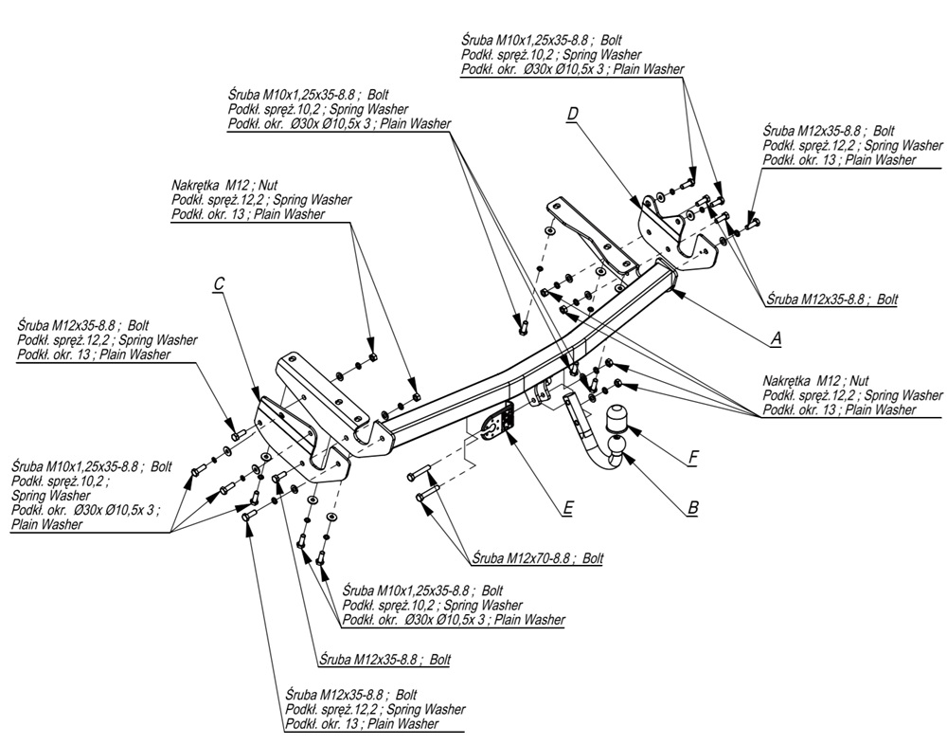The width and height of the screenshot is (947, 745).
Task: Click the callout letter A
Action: click(x=776, y=336)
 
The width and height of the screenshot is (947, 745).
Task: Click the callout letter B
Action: click(x=692, y=508)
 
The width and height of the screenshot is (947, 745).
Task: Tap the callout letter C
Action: click(x=219, y=282)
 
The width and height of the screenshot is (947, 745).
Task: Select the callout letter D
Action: click(x=572, y=114)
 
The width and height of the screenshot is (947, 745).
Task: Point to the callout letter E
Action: click(x=567, y=509)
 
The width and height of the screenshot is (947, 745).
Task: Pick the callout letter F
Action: click(x=692, y=458)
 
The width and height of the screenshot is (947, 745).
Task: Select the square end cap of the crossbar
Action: click(x=670, y=280)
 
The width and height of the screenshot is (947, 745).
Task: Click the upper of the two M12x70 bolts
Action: click(x=421, y=475)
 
